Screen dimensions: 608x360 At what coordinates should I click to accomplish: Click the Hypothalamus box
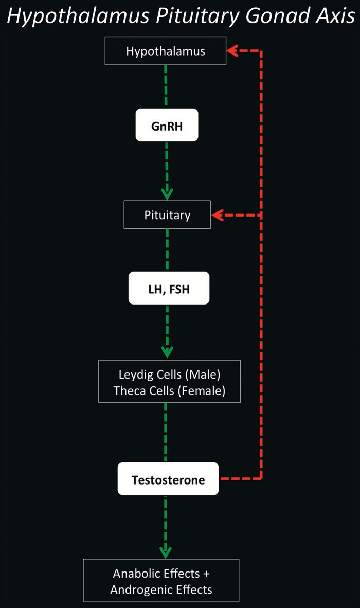pyautogui.click(x=166, y=51)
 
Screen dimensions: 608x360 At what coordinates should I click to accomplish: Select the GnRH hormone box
pyautogui.click(x=167, y=124)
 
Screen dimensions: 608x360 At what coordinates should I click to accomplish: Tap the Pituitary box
pyautogui.click(x=167, y=214)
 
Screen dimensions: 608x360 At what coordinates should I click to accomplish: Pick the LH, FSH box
pyautogui.click(x=169, y=288)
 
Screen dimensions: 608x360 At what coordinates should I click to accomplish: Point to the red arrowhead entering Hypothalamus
pyautogui.click(x=232, y=50)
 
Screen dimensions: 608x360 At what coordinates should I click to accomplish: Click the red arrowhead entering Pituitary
pyautogui.click(x=217, y=215)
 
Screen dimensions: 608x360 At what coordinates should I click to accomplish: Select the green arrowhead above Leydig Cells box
pyautogui.click(x=167, y=352)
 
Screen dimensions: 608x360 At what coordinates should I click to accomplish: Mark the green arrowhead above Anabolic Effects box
pyautogui.click(x=165, y=552)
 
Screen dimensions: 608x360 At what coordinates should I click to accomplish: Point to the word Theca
pyautogui.click(x=129, y=390)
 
